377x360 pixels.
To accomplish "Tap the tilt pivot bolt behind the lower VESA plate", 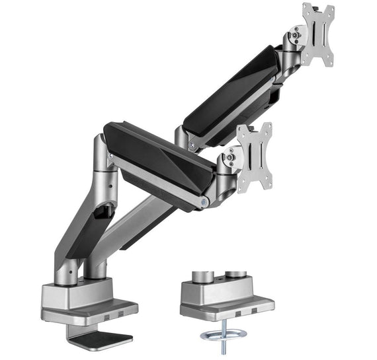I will click(231, 157).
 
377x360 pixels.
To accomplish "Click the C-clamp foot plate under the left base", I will click(99, 340).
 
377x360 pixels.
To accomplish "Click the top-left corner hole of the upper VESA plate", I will click(306, 9).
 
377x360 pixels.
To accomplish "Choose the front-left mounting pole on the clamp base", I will click(66, 271).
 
